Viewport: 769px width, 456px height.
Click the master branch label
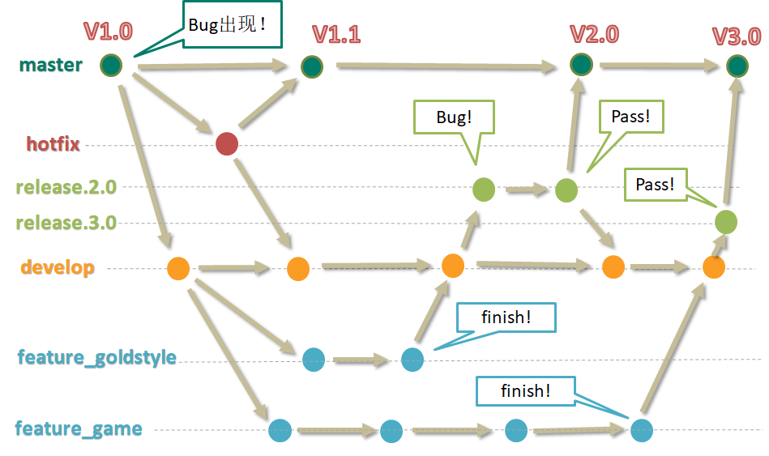50,65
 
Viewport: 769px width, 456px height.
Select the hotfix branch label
53,144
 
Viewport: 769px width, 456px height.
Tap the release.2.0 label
66,187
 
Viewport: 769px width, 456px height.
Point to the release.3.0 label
66,223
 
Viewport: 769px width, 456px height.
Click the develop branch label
58,267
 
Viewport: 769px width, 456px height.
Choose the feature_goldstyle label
96,357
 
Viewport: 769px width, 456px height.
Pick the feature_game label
79,428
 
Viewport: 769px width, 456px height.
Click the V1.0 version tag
108,32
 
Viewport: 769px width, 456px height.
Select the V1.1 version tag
336,34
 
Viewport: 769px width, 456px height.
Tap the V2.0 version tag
594,34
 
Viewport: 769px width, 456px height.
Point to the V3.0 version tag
736,36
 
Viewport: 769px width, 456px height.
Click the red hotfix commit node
227,144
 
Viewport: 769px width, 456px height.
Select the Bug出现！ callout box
233,25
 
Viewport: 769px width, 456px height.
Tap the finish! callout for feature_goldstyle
506,317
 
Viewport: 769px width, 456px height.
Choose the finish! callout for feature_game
525,391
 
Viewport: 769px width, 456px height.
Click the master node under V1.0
111,65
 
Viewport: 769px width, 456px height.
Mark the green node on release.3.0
725,222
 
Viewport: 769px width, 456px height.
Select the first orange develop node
178,268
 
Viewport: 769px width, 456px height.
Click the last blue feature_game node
641,429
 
